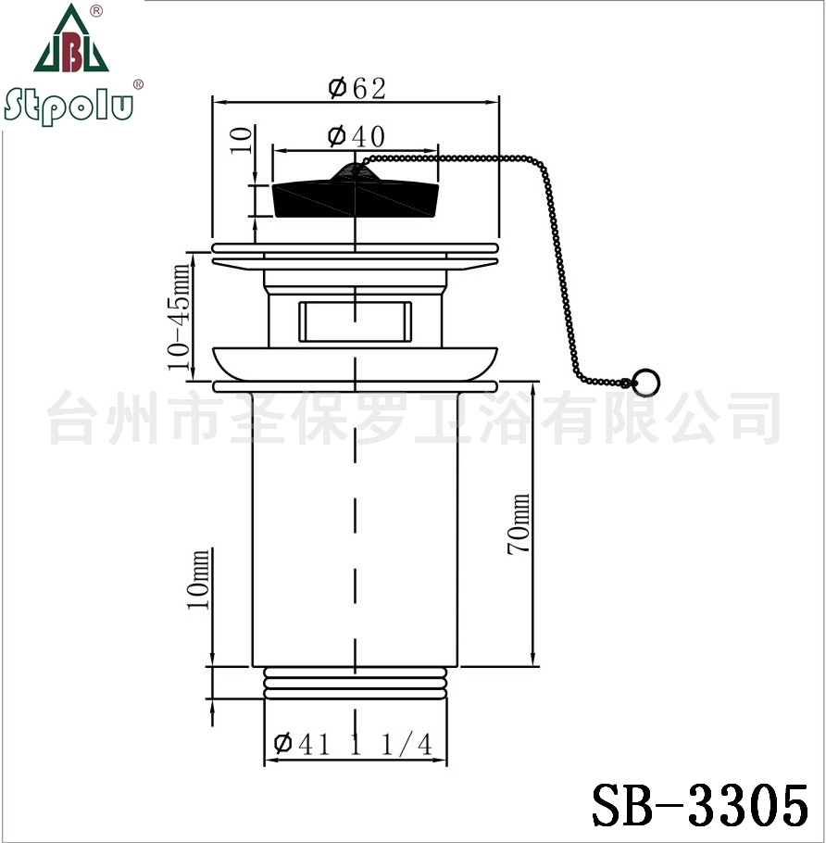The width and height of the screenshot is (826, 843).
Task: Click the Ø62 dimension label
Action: (357, 88)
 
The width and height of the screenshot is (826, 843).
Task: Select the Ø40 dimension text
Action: (357, 136)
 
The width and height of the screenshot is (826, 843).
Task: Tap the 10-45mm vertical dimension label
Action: (179, 317)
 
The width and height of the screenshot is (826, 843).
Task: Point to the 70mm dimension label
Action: (518, 523)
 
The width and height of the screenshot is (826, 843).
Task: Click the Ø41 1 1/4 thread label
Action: (353, 745)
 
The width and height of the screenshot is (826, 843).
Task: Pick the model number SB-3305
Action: (700, 805)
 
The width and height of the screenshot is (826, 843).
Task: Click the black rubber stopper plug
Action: (356, 199)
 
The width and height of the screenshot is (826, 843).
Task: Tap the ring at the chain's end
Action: (645, 382)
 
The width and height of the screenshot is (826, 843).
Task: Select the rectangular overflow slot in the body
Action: (356, 321)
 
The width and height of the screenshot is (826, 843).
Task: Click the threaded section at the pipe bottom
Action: (356, 683)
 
